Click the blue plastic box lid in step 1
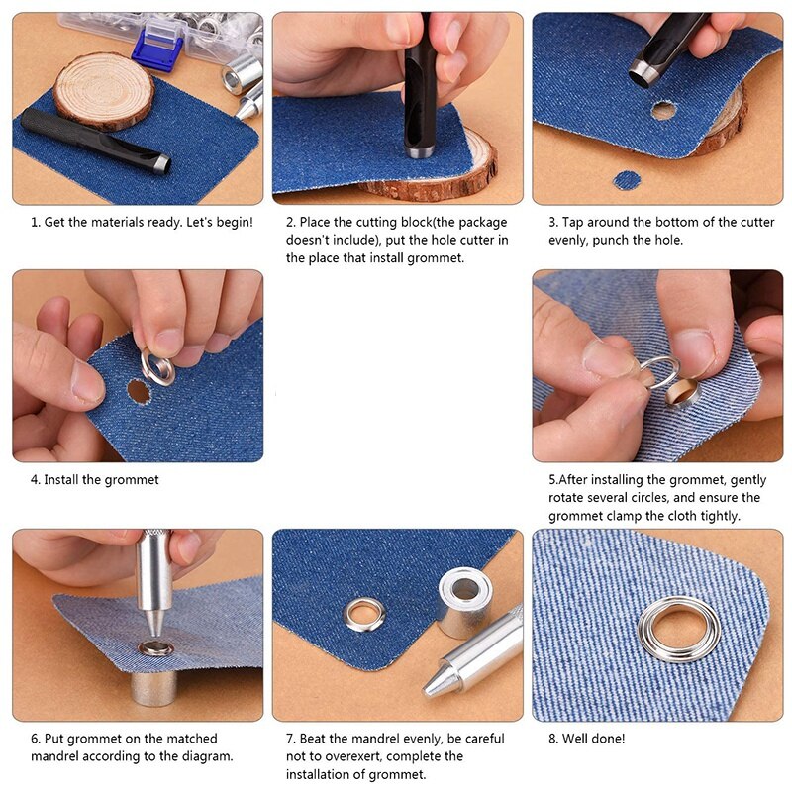click(154, 45)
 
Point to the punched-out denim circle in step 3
click(627, 180)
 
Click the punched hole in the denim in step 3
click(663, 110)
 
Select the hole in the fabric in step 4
click(139, 391)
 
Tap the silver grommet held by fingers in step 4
click(156, 367)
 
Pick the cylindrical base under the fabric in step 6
click(154, 683)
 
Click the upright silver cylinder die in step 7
click(464, 600)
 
